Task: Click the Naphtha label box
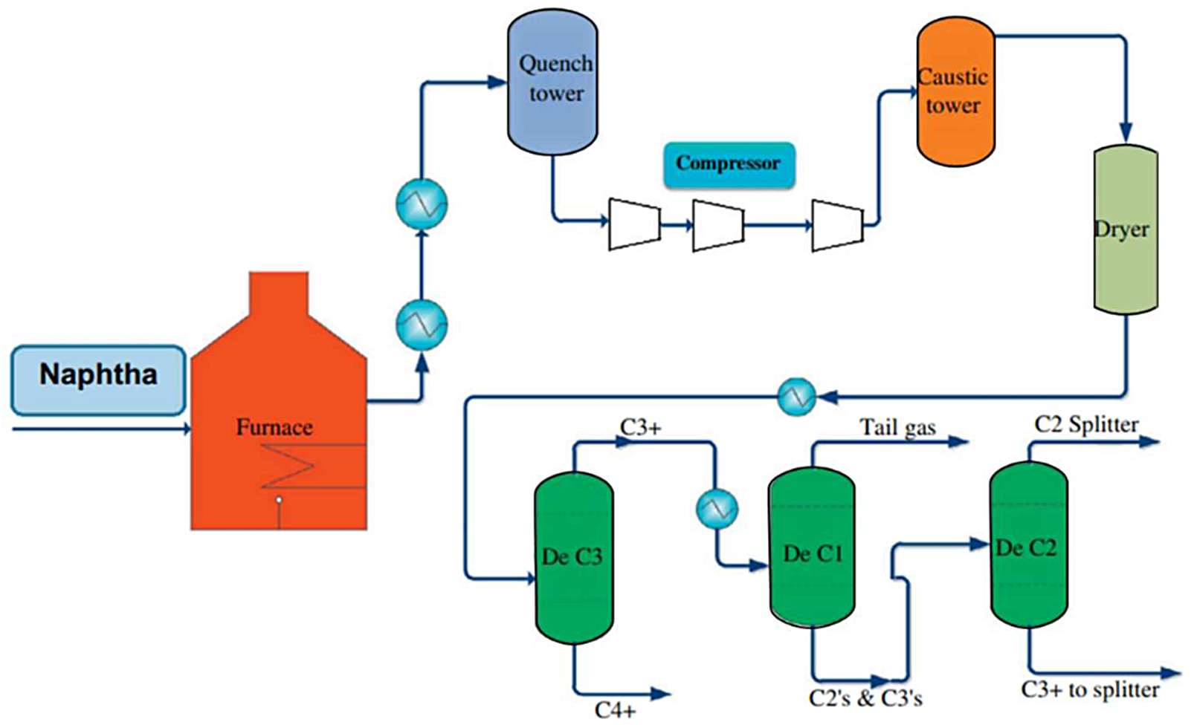click(98, 380)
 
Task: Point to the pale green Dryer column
click(1126, 229)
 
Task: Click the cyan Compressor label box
click(729, 164)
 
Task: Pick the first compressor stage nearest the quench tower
click(634, 224)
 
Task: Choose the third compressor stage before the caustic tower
click(837, 224)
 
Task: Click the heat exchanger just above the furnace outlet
click(422, 325)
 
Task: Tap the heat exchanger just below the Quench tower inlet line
click(422, 203)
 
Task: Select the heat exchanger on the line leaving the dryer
click(796, 397)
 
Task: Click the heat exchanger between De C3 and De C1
click(717, 509)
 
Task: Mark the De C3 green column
click(574, 557)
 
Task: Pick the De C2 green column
click(1028, 546)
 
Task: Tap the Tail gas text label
click(897, 428)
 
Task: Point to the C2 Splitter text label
click(1086, 425)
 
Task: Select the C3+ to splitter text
click(1090, 690)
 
